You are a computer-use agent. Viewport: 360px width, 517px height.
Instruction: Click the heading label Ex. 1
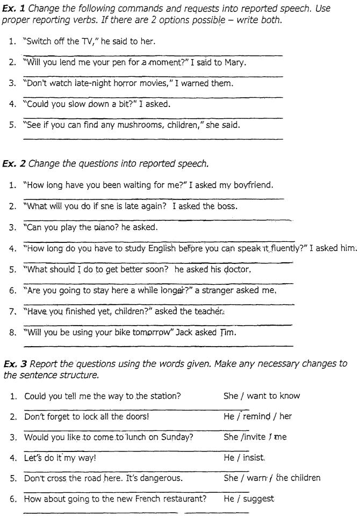(12, 9)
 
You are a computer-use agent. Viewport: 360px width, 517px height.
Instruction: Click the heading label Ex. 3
(12, 364)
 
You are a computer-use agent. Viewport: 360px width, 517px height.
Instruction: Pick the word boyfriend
(253, 185)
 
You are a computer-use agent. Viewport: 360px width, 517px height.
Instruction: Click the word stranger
(218, 290)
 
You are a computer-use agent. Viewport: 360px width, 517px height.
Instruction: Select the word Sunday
(177, 437)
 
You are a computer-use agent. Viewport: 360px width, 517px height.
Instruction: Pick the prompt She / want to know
(261, 396)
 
